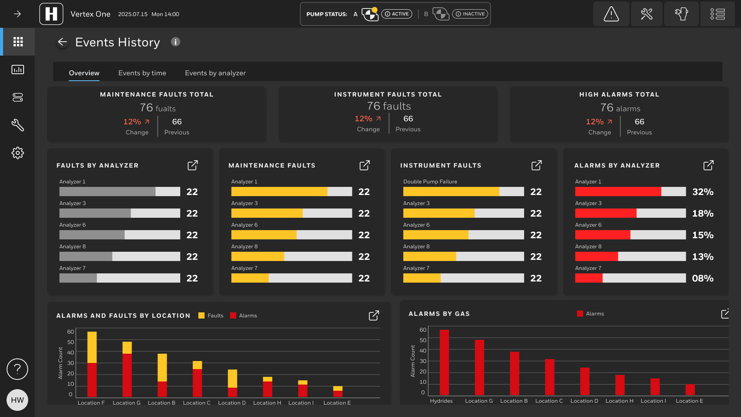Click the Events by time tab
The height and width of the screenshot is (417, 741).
142,73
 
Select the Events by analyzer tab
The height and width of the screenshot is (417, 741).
215,73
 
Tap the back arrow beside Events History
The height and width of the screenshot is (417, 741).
62,42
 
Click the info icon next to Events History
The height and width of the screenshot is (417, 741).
176,42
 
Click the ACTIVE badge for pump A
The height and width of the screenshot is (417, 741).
397,14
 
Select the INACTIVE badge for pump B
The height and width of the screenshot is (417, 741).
470,14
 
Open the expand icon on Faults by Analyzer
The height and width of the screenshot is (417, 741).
193,165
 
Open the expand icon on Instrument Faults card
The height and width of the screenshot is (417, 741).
536,165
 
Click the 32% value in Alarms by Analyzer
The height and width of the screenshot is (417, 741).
703,192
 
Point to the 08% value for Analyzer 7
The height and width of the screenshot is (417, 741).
703,278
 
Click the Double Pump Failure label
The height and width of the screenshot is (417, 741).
430,181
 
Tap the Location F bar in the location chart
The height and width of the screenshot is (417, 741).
92,364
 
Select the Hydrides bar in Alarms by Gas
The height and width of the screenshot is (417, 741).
444,362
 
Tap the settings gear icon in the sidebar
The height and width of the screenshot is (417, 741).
18,153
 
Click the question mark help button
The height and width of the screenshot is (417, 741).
17,369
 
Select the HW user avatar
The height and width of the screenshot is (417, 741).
17,400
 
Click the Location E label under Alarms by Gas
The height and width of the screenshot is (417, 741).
689,401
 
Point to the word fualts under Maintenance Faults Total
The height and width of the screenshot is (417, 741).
166,109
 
